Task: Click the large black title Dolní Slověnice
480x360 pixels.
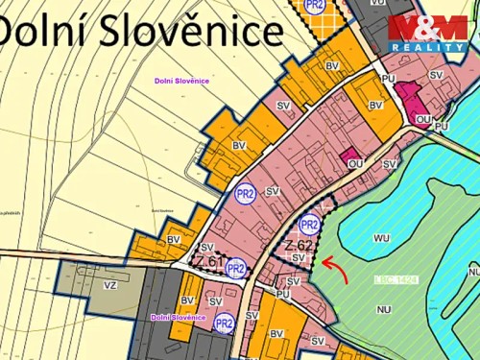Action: tap(141, 32)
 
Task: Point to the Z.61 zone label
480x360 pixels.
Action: tap(207, 261)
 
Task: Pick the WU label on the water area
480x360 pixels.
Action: tap(382, 236)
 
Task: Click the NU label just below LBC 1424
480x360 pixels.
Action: tap(383, 309)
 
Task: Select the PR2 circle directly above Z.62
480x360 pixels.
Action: tap(308, 225)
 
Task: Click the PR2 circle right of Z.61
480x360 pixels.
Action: tap(236, 268)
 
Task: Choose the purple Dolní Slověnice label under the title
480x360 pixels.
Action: tap(181, 82)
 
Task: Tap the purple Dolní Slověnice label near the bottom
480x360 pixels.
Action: tap(178, 317)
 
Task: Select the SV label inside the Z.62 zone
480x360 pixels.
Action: tap(299, 257)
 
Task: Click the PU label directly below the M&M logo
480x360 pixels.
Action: tap(388, 79)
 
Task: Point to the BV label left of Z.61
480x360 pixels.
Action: tap(174, 239)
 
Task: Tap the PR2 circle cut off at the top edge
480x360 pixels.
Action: tap(314, 5)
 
